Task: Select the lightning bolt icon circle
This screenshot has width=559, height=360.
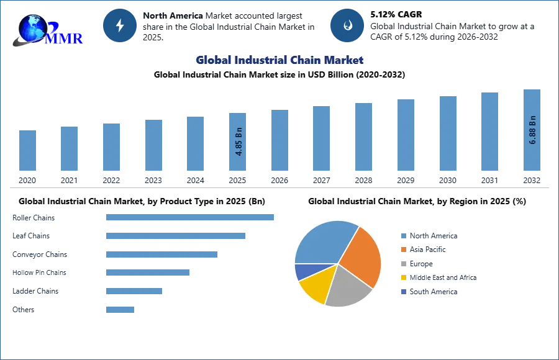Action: click(120, 25)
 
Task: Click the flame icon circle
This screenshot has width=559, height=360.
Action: click(347, 25)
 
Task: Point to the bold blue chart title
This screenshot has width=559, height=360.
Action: click(280, 60)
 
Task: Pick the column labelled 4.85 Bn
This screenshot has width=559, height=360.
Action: click(239, 142)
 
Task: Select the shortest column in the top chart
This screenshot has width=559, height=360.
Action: click(27, 151)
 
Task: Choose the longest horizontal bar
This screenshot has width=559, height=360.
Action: click(191, 218)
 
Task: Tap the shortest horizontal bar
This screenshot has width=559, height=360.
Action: click(119, 308)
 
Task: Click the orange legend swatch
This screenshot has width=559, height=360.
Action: click(402, 250)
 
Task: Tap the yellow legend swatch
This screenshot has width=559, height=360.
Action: click(402, 278)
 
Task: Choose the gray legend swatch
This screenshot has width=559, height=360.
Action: click(402, 264)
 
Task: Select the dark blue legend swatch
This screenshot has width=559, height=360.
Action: click(402, 292)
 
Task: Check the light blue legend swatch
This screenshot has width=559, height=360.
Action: click(402, 236)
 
